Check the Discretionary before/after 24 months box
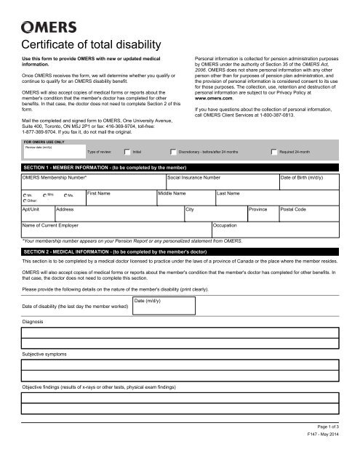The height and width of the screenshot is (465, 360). pyautogui.click(x=193, y=152)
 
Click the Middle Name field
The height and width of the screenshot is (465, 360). pyautogui.click(x=185, y=201)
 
